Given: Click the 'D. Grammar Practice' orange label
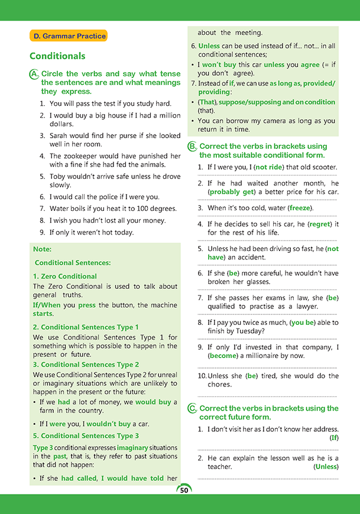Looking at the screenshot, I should [69, 36].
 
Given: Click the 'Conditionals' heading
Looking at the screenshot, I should [57, 56].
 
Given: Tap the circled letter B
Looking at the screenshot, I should [192, 146].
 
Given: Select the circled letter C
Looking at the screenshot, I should [192, 408].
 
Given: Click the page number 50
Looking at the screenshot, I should [184, 490].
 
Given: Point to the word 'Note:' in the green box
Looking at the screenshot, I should [43, 249].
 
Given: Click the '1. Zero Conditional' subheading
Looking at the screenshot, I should [65, 276].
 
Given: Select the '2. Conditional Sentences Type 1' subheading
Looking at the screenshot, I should [86, 327].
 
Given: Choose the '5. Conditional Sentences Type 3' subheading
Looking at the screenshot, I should [86, 436].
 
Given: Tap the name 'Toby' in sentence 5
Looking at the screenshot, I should [57, 176].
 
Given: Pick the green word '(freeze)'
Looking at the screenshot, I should [301, 208].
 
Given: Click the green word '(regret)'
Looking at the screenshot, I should [320, 224].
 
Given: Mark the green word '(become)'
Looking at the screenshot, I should [223, 356].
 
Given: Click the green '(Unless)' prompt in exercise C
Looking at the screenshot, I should [326, 467].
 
